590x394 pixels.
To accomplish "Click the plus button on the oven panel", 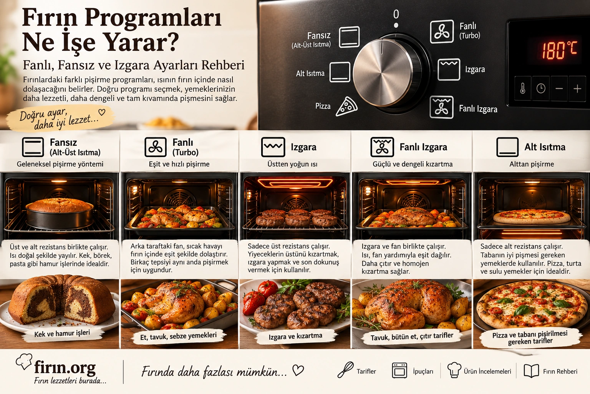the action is pos(577,88).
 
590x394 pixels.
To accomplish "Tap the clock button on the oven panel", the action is pos(541,88).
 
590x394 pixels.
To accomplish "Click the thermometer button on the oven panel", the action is pos(522,88).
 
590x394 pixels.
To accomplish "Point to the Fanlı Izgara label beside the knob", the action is pos(478,109).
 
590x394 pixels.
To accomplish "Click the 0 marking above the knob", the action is pos(396,14).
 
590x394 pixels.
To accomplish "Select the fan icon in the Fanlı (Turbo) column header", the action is pos(156,147).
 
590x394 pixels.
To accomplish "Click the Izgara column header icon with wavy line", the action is pos(273,147).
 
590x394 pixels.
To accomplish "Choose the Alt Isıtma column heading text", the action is pos(545,147).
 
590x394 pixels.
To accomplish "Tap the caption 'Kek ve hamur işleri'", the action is pos(62,334).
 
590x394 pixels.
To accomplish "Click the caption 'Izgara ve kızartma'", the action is pos(295,336).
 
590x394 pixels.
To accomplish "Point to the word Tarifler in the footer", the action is pos(366,371).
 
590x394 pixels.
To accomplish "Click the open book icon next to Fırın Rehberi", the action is pos(531,371).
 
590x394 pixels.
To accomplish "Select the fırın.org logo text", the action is pos(65,367).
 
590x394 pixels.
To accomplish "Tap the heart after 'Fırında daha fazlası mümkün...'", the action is pos(298,370).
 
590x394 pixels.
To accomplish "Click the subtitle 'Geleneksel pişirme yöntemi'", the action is pos(60,164).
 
